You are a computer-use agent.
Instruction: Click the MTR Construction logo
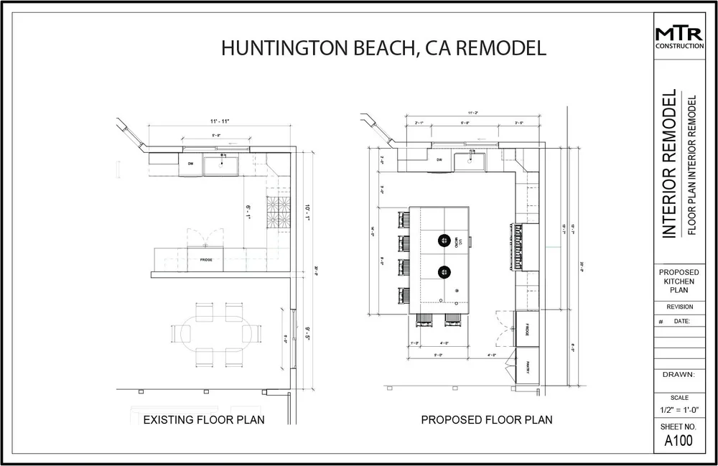tap(679, 37)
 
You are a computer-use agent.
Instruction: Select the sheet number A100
tap(679, 441)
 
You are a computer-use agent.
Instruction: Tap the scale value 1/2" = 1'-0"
tap(679, 409)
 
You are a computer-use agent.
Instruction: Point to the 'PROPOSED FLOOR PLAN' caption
tap(486, 419)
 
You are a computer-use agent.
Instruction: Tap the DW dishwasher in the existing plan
tap(191, 164)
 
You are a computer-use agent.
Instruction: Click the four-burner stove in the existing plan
tap(278, 210)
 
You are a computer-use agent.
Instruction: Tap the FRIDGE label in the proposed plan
tap(526, 330)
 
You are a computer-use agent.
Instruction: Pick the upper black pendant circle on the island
tap(444, 241)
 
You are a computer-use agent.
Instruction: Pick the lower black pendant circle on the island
tap(444, 271)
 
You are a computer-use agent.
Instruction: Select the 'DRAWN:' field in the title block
tap(679, 374)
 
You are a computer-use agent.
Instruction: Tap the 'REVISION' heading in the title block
tap(679, 307)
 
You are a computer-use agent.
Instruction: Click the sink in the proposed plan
tap(471, 159)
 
